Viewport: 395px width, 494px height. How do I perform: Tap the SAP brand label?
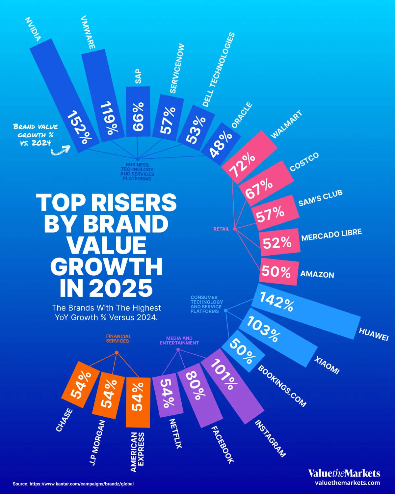(138, 76)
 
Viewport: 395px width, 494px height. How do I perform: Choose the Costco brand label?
(304, 162)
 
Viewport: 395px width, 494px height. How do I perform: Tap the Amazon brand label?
(317, 274)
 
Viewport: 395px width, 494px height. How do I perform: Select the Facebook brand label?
(222, 444)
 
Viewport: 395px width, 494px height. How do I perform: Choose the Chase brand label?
(64, 420)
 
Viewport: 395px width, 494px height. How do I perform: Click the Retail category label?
(221, 229)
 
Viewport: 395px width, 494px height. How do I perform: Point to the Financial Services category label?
(118, 339)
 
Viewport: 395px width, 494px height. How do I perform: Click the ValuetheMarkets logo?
(344, 473)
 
